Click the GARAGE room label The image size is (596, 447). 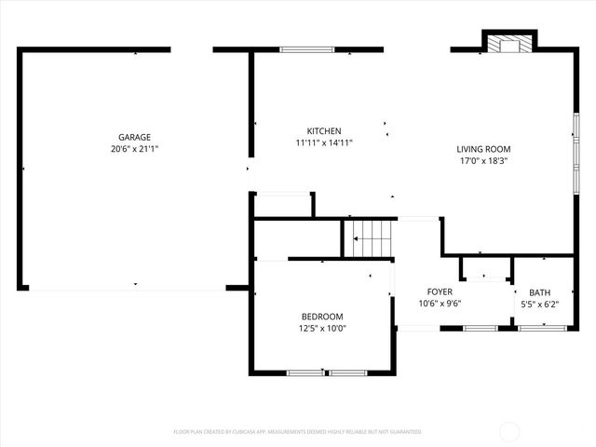(x=134, y=137)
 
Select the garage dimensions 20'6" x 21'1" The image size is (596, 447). (x=134, y=148)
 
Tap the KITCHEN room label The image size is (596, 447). (x=324, y=131)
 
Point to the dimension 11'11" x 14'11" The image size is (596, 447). (x=324, y=142)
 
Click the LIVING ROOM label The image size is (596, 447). (x=483, y=149)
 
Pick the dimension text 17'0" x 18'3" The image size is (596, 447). (x=483, y=160)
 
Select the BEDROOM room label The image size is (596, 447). (x=321, y=317)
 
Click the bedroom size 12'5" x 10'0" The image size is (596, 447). (x=321, y=328)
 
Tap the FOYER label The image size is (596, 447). (x=440, y=291)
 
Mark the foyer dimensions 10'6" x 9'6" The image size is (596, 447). (x=440, y=303)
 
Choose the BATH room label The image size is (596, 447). (x=539, y=291)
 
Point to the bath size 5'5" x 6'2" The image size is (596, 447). (x=539, y=303)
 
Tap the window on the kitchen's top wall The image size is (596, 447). (x=307, y=49)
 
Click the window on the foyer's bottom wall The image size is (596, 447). (x=480, y=328)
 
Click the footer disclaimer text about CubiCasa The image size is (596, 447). (x=298, y=432)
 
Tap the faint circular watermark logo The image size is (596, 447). (x=509, y=431)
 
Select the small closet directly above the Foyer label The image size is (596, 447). (x=484, y=267)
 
